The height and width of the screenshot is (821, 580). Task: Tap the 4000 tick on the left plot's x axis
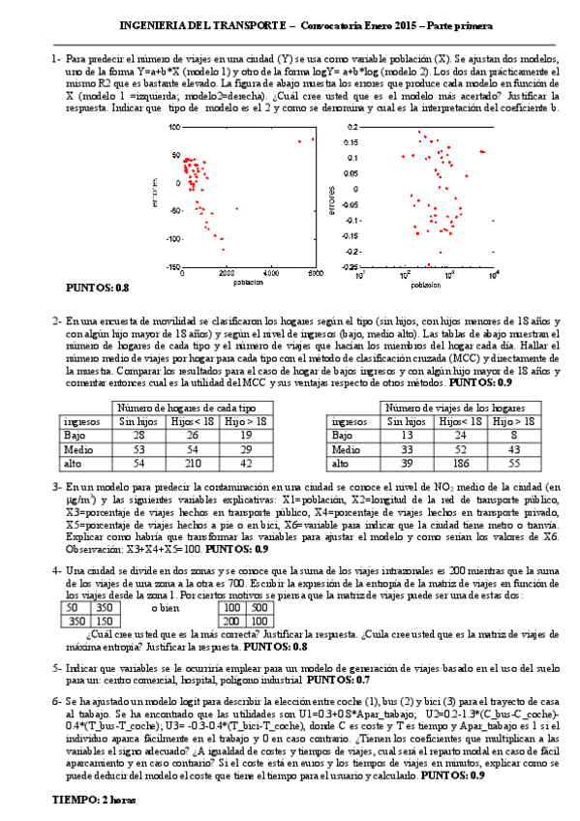point(273,275)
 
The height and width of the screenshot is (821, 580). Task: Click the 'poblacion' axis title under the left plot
point(249,284)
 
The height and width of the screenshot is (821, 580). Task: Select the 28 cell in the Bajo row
point(137,436)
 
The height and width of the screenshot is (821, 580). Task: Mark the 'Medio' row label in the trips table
point(347,449)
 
